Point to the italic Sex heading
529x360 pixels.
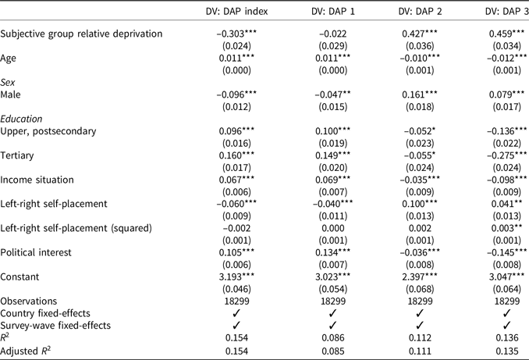coord(8,80)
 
